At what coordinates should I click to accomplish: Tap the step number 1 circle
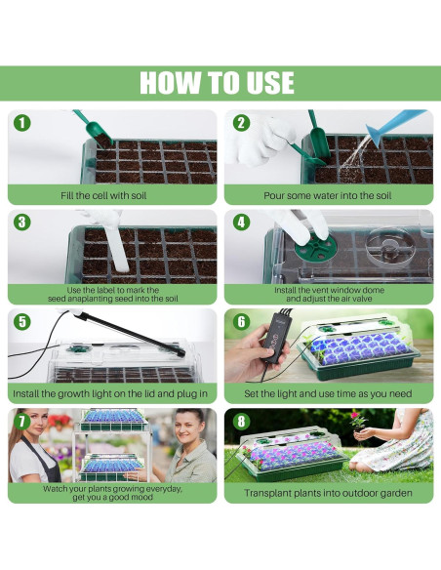click(x=22, y=123)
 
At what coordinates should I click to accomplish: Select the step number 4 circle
click(x=241, y=223)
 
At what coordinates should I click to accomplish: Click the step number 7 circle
click(x=22, y=421)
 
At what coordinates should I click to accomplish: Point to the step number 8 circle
click(x=241, y=421)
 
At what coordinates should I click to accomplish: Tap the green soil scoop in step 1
click(x=94, y=129)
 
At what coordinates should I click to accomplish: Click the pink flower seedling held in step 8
click(x=358, y=421)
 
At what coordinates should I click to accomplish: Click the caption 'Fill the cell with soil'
click(x=103, y=195)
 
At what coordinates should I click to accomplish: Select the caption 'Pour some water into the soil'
click(x=327, y=195)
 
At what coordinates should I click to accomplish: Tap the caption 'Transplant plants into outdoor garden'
click(x=328, y=493)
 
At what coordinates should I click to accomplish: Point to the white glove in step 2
click(x=260, y=140)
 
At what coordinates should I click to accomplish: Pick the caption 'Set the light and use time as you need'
click(x=328, y=393)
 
